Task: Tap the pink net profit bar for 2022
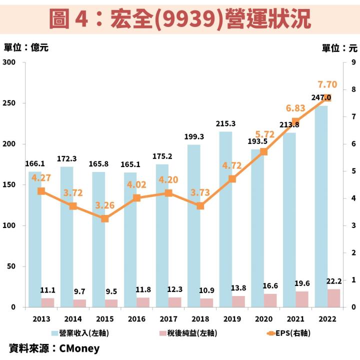[x=333, y=298]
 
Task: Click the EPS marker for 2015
[x=105, y=218]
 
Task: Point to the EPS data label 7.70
[x=328, y=84]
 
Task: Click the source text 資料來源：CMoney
[x=54, y=348]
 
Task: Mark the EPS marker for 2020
[x=264, y=151]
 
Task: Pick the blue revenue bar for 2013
[x=35, y=245]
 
